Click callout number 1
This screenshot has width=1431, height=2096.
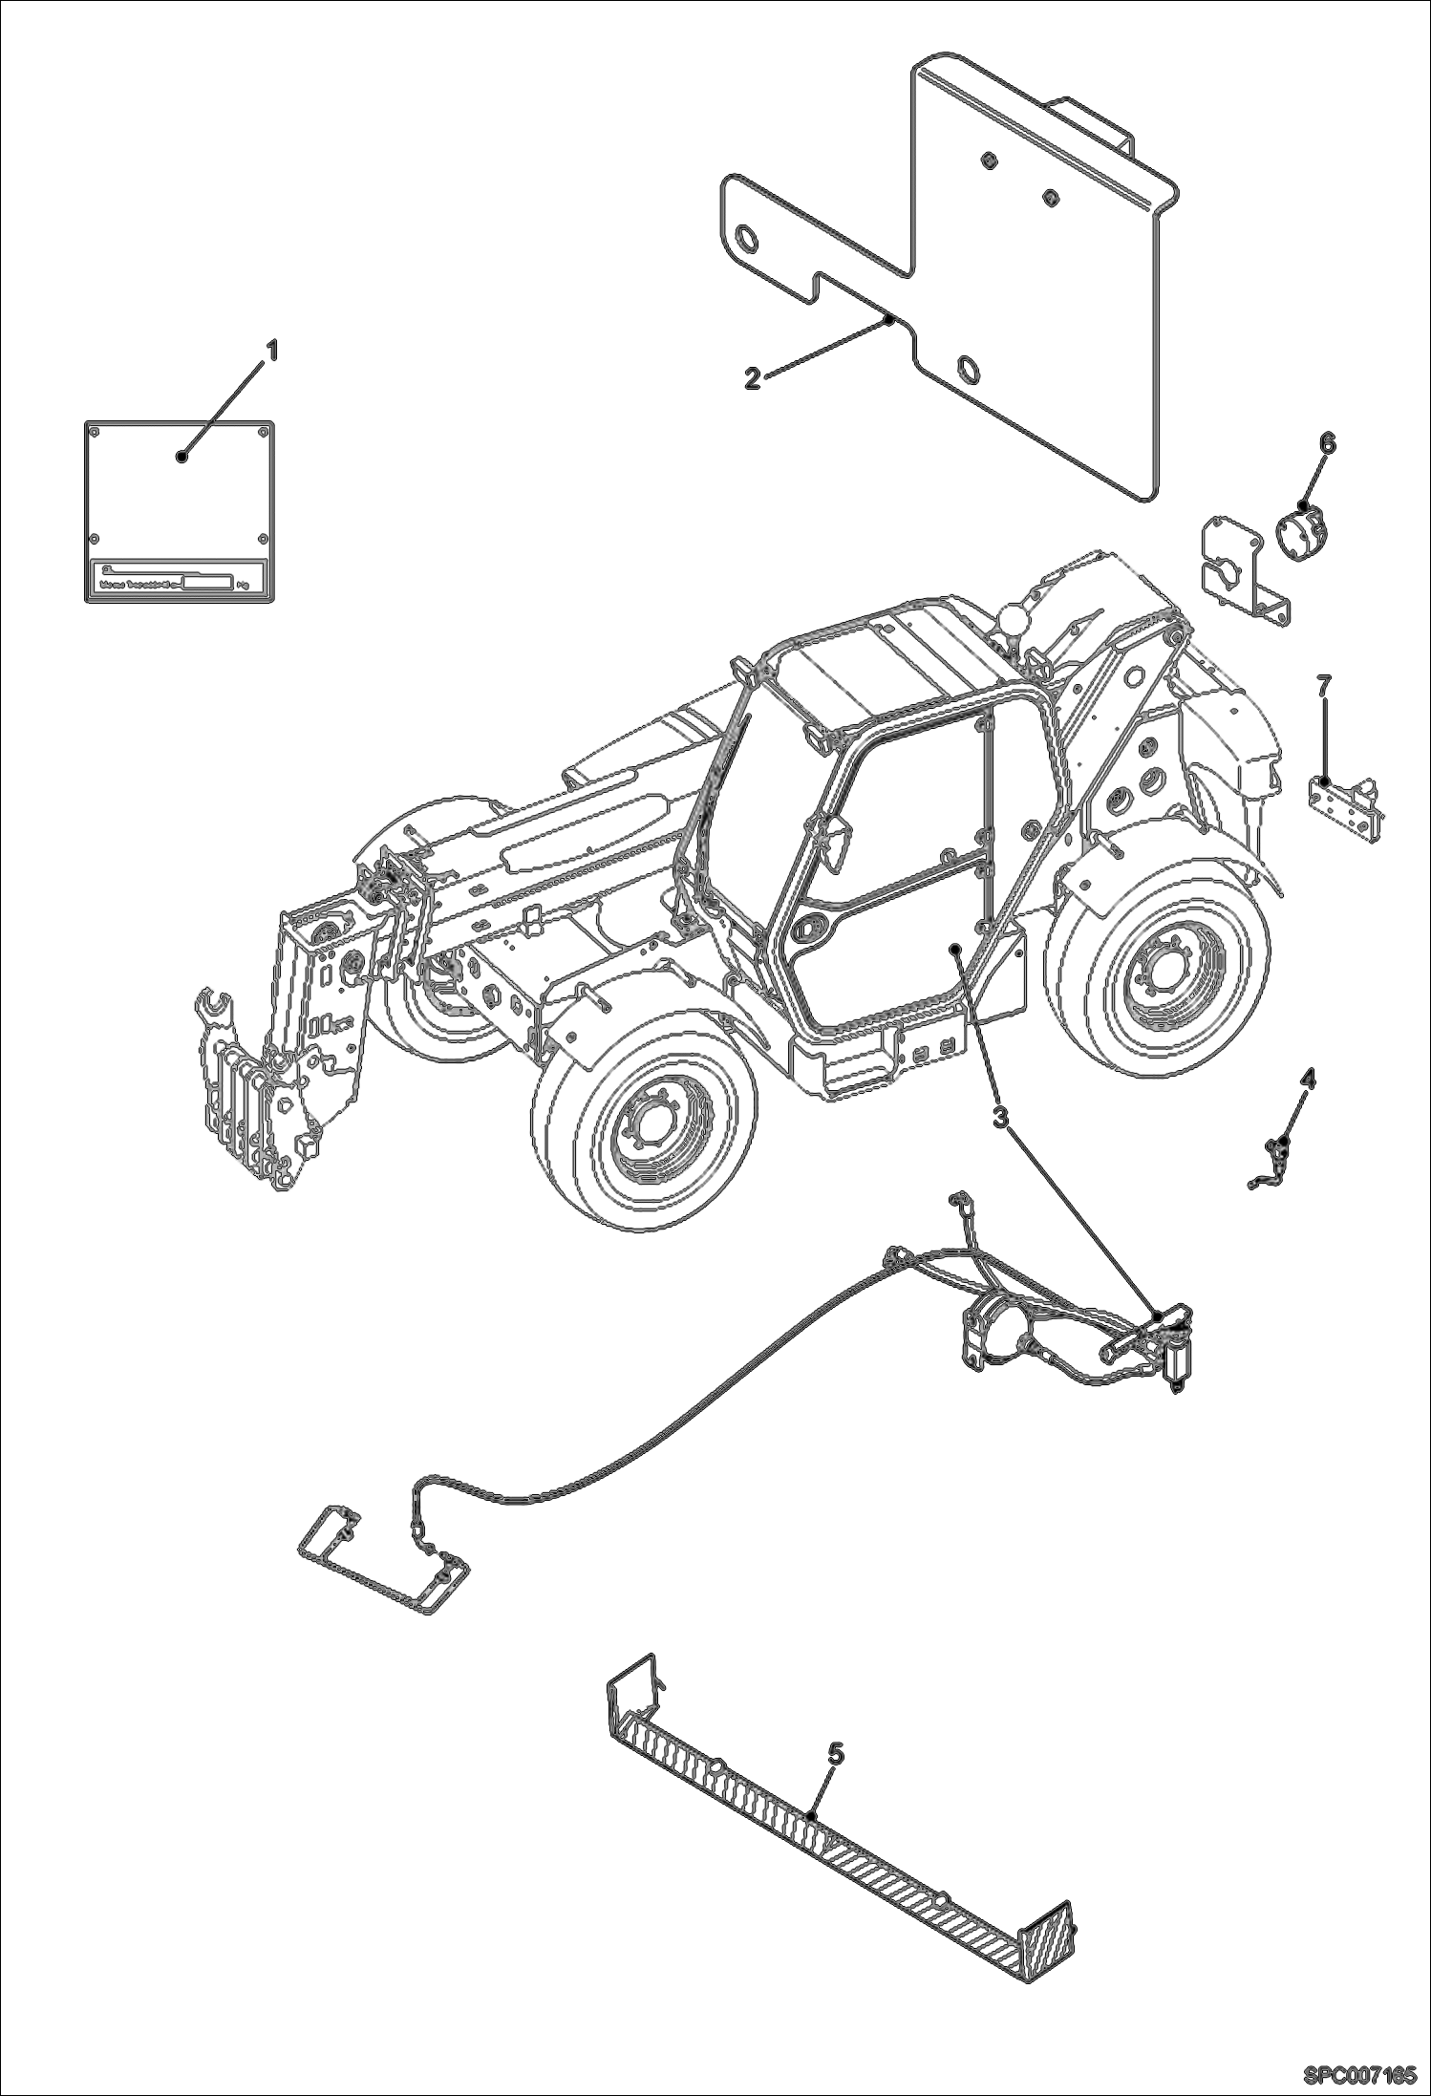point(271,353)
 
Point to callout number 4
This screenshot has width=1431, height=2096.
point(1308,1080)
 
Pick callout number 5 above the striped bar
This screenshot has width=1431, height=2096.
point(835,1752)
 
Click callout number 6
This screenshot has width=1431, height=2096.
point(1328,443)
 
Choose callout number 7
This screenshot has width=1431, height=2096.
point(1323,685)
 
